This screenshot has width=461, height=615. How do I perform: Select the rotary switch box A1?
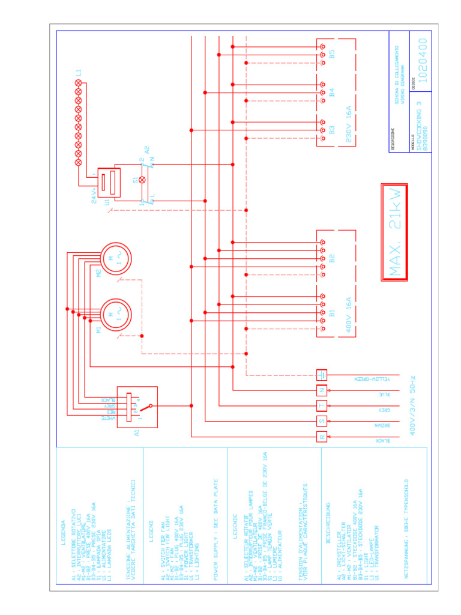coord(137,407)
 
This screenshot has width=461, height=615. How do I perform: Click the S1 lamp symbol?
coord(142,180)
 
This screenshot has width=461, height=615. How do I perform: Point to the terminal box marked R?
coord(322,437)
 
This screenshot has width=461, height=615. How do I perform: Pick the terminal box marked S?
coord(322,421)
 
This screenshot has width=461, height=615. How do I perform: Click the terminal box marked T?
coord(322,406)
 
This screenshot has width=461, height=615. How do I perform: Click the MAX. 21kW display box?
coord(394,232)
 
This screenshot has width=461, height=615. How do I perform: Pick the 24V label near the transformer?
coord(94,198)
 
